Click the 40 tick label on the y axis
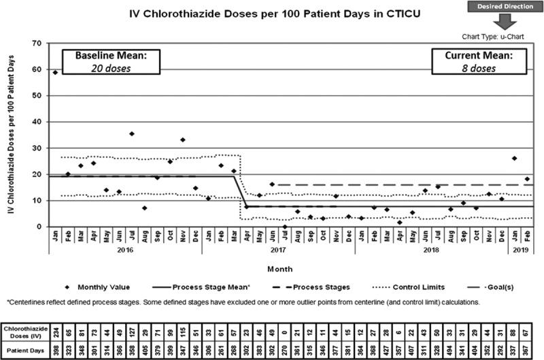coord(38,122)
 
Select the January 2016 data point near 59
coord(55,72)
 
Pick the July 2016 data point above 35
coord(131,133)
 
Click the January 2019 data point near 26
coord(514,159)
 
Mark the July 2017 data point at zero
coord(285,226)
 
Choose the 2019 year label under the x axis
coord(520,250)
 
